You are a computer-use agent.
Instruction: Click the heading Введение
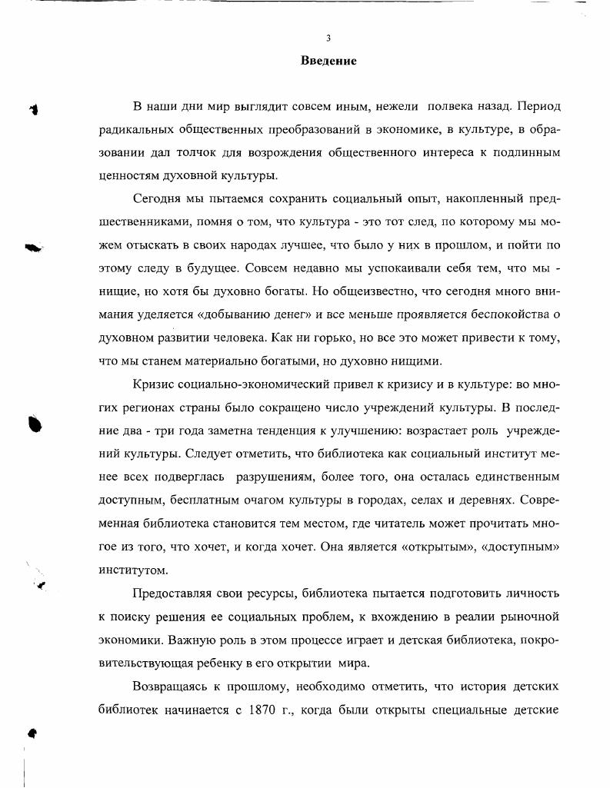pyautogui.click(x=328, y=61)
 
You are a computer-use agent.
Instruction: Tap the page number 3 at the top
pyautogui.click(x=328, y=38)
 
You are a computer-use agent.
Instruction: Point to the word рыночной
pyautogui.click(x=528, y=617)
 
